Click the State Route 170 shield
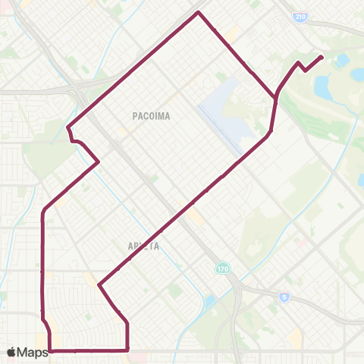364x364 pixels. pos(222,268)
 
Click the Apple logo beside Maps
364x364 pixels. pos(12,352)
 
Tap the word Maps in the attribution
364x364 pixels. pos(33,352)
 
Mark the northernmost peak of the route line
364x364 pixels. pos(199,12)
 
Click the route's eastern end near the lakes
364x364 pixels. pos(322,57)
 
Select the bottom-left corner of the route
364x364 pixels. pos(50,350)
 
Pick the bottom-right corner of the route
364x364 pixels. pos(127,350)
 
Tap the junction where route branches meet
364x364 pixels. pos(275,97)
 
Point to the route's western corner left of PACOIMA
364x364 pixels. pos(68,127)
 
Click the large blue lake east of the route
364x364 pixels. pos(324,88)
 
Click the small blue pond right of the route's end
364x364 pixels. pos(343,59)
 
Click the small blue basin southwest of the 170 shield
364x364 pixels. pos(209,303)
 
